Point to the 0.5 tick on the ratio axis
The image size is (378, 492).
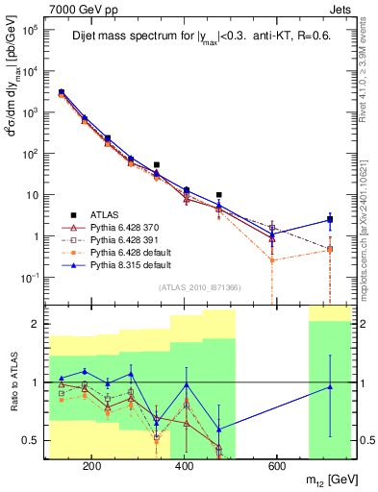pos(31,440)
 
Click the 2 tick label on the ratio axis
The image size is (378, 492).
pos(35,324)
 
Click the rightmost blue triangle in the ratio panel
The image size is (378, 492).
pos(331,386)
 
